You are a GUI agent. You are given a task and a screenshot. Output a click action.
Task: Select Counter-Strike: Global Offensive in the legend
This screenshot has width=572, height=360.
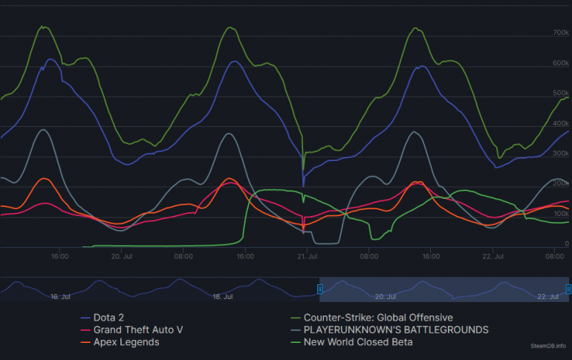point(377,317)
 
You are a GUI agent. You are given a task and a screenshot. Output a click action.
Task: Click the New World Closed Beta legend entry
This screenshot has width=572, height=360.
point(357,342)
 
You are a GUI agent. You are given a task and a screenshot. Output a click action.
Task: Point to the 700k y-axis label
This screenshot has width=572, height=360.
point(561,33)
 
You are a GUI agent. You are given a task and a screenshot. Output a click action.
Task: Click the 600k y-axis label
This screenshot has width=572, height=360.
point(561,64)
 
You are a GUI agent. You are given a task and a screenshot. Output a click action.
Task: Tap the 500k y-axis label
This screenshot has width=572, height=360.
point(561,94)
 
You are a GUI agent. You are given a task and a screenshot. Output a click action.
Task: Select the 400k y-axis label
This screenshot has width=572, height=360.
point(561,124)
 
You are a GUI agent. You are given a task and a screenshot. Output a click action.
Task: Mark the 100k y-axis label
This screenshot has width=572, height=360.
point(561,214)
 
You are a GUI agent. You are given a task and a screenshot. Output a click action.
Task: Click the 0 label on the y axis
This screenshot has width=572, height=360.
point(567,244)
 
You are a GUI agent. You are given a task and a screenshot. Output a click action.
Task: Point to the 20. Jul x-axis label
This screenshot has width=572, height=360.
point(121,257)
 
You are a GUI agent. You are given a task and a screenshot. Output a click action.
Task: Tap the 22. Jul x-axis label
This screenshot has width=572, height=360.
point(493,257)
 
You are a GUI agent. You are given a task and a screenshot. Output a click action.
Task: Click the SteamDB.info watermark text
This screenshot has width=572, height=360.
point(548,346)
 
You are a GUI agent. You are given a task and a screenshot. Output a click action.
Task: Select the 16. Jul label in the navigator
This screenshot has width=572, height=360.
point(60,296)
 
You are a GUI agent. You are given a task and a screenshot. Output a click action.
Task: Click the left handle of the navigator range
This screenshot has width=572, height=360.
point(320,289)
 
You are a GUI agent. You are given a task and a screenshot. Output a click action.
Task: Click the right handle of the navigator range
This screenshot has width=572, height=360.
point(568,289)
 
